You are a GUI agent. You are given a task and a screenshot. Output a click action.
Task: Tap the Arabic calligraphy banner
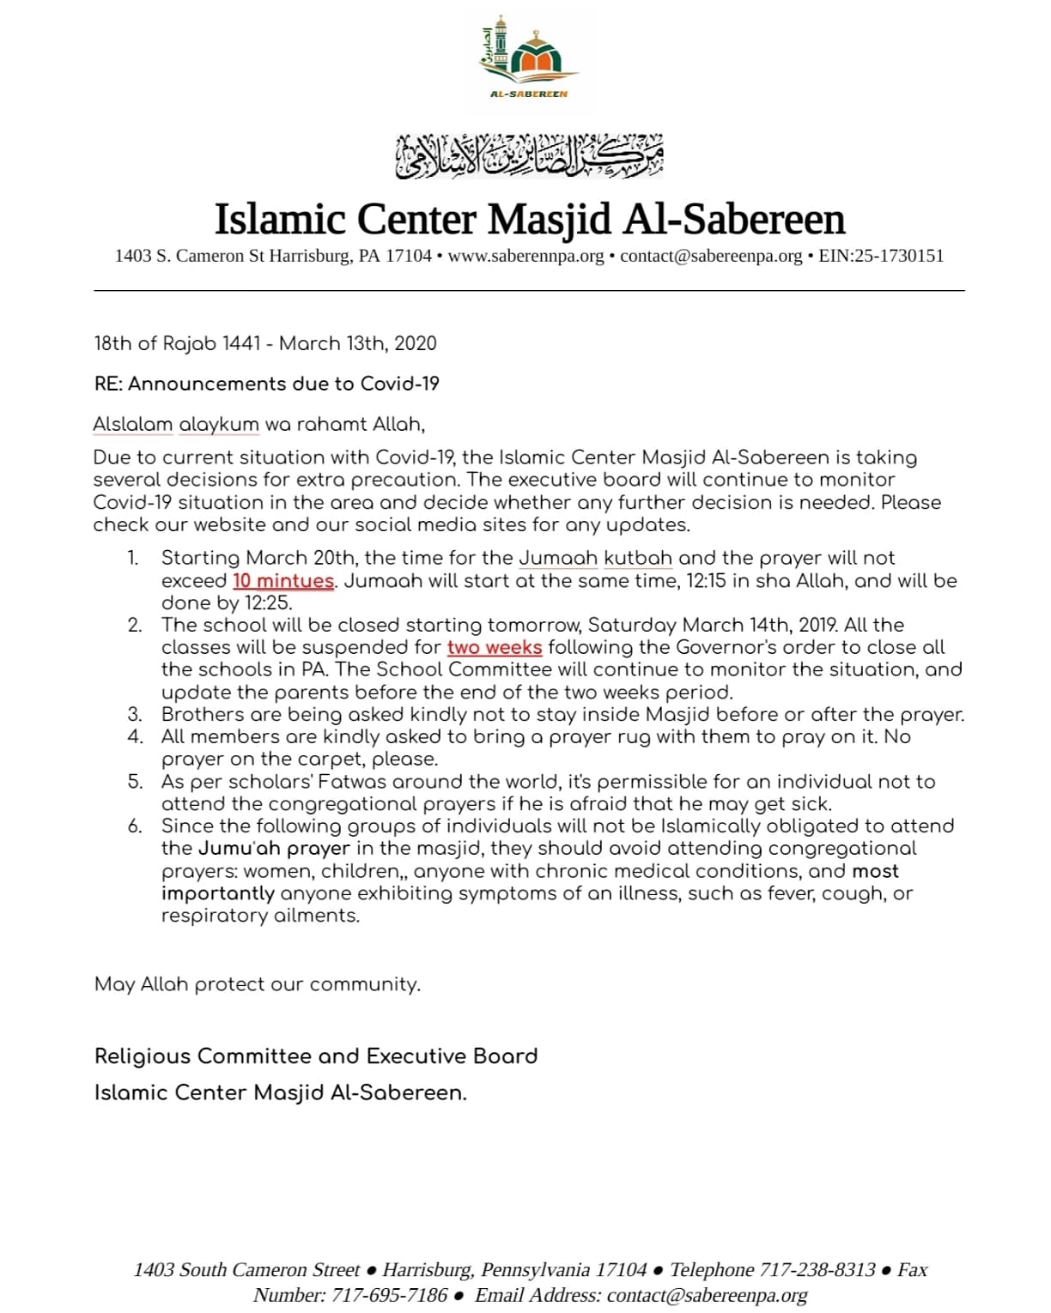529,155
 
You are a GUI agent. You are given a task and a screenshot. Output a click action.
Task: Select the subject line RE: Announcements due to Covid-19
266,384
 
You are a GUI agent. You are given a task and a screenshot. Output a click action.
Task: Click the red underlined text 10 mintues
283,581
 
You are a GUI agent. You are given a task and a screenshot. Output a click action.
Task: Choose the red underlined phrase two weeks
495,647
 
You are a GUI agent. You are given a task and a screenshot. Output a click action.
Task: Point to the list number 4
135,736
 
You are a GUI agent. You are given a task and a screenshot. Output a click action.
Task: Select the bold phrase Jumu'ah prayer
275,849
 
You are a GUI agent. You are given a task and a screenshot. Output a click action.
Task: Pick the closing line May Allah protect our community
258,984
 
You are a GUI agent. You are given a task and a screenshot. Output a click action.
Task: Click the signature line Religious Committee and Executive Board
316,1056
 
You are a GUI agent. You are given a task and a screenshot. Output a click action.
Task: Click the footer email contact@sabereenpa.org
707,1295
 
